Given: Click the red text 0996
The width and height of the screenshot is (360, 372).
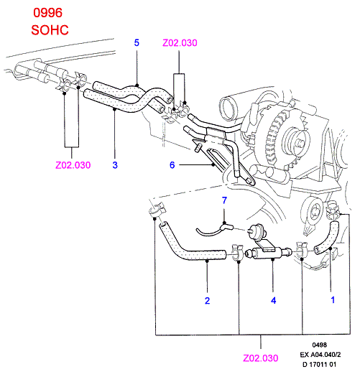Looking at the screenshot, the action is tap(47, 13).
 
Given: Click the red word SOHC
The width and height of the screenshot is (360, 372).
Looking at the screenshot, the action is tap(50, 30).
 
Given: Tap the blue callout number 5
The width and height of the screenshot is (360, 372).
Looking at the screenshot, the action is tap(137, 43).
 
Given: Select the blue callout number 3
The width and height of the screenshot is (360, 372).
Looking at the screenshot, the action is tap(115, 165).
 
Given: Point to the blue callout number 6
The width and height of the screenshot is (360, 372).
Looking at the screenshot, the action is tap(172, 165).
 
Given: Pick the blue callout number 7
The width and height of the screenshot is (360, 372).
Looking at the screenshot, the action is tap(224, 200).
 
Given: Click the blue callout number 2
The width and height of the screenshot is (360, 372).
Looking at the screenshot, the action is tap(208, 301).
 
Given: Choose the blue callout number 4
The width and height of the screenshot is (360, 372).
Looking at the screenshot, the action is tap(274, 300).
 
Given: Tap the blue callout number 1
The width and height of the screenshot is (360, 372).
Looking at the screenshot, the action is tap(333, 299).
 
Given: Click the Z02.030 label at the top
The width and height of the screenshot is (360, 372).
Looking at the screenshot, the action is tap(180, 43).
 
